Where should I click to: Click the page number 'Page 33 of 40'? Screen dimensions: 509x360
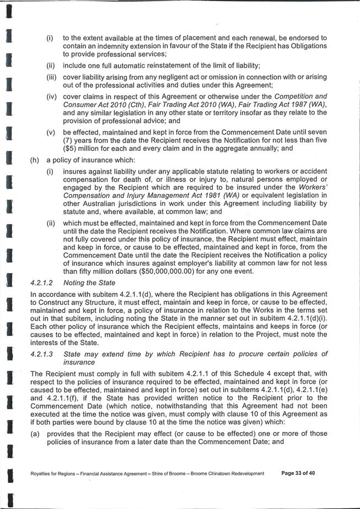pyautogui.click(x=298, y=473)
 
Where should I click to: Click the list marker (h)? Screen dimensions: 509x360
pyautogui.click(x=35, y=160)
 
